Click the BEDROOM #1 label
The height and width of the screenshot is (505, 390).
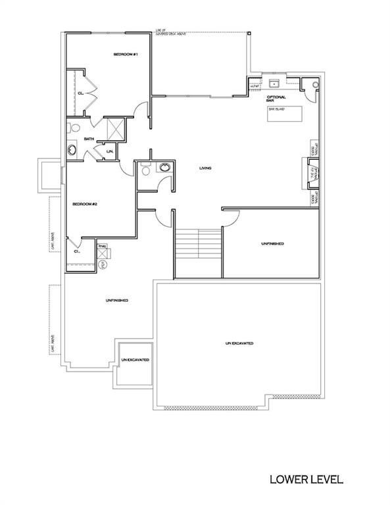124,54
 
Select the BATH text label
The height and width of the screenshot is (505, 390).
89,139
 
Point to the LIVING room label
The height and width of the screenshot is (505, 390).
205,169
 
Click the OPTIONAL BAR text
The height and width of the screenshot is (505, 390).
275,99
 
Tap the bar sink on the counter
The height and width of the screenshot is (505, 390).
272,84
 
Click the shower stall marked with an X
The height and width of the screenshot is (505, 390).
116,127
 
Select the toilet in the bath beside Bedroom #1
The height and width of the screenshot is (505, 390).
74,128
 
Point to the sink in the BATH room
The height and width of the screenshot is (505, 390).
72,152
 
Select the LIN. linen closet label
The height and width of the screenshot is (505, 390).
109,153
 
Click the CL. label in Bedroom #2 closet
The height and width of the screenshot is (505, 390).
77,251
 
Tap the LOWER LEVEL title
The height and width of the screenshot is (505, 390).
306,479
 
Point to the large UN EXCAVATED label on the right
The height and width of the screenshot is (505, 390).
239,343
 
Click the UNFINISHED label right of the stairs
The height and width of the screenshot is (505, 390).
272,243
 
